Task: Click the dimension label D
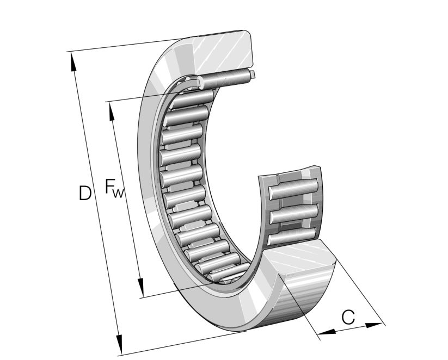(x=84, y=193)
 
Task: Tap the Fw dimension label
(x=114, y=189)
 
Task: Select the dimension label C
(x=348, y=316)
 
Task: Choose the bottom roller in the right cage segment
(x=294, y=235)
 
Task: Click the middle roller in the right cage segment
(x=294, y=213)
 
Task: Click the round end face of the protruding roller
(x=252, y=74)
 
